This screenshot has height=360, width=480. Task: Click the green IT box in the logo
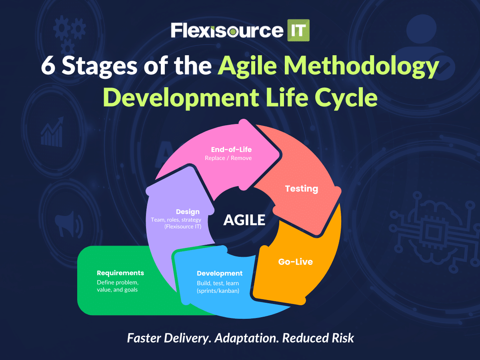point(298,30)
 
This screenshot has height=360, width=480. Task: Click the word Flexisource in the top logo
point(227,31)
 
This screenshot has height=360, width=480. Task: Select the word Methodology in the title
point(361,67)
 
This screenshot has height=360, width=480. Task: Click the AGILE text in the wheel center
point(244,220)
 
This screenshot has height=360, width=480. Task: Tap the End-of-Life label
point(231,150)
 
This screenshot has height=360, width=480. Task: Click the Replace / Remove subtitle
point(228,158)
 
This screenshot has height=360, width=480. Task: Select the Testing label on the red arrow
point(301,189)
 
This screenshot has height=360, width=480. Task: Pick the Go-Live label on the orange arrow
point(296,262)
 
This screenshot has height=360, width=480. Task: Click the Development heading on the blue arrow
point(220,274)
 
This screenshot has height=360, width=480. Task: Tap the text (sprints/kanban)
point(218,291)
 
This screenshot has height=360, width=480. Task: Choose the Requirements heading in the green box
point(120,273)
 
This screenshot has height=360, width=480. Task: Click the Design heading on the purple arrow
point(188,212)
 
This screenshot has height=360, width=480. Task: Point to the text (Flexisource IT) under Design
point(183,226)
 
